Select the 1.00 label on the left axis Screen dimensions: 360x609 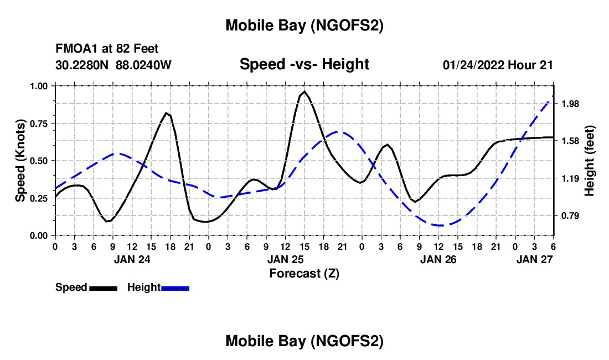click(x=39, y=86)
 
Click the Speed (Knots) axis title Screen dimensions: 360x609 click(x=20, y=161)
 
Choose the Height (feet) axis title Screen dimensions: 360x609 click(x=589, y=161)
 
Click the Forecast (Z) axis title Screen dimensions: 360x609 click(x=304, y=273)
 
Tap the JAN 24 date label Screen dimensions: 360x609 click(x=132, y=259)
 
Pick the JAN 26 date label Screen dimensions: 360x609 click(x=438, y=259)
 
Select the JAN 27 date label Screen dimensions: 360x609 click(x=534, y=259)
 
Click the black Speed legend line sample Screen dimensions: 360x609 click(x=102, y=287)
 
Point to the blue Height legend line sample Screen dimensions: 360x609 click(x=175, y=287)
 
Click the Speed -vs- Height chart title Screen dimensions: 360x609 click(x=304, y=64)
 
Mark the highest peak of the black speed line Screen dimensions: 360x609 click(x=304, y=91)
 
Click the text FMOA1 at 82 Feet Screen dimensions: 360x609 click(x=107, y=49)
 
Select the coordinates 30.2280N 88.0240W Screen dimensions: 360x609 click(x=113, y=65)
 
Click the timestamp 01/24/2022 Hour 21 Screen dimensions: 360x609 click(x=498, y=65)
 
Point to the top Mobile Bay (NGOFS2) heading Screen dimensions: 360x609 click(x=304, y=25)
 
